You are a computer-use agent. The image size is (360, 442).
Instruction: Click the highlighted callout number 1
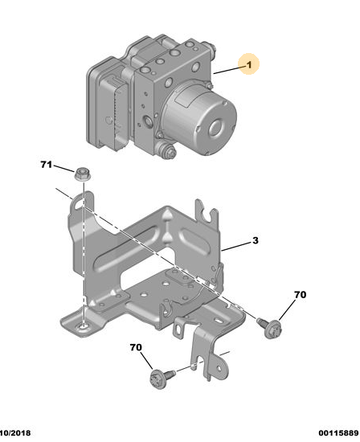point(249,65)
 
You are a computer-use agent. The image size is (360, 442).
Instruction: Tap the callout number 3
point(255,240)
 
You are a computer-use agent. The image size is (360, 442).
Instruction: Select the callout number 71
point(47,164)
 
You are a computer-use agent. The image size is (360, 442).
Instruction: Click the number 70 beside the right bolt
point(300,295)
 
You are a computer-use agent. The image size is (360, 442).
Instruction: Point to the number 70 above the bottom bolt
point(136,347)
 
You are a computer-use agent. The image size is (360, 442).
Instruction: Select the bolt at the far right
point(269,327)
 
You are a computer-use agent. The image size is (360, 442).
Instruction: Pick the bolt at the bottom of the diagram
point(162,377)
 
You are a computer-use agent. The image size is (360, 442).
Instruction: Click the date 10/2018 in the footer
point(15,433)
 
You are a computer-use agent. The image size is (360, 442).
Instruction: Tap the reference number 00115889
point(338,433)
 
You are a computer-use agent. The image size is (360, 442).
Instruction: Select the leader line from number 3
point(236,246)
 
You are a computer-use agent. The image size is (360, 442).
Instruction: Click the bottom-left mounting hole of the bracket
point(84,326)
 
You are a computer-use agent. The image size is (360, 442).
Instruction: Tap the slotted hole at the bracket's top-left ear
point(79,204)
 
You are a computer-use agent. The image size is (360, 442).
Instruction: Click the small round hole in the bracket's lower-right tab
point(219,368)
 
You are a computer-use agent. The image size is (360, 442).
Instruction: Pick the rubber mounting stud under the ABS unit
point(166,149)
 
